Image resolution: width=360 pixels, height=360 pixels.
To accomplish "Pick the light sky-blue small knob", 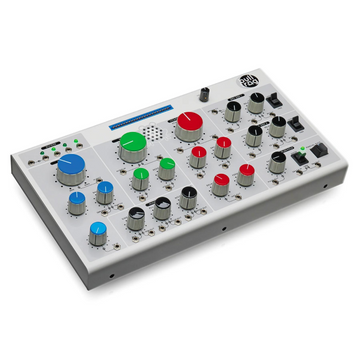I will point(98,232).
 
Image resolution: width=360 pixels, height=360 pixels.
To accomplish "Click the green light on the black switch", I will point(301,150).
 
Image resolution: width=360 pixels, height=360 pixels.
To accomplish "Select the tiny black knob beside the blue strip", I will point(204,92).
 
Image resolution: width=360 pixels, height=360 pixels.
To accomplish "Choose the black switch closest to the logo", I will point(275,104).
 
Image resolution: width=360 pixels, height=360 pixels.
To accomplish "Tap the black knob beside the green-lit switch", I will point(277,160).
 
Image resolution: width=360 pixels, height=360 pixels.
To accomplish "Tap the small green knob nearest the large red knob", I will point(166,165).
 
